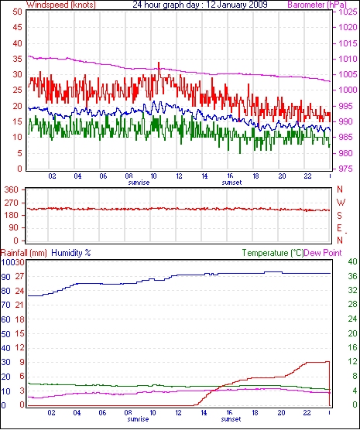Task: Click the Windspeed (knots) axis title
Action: (x=61, y=5)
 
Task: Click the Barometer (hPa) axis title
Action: (x=317, y=5)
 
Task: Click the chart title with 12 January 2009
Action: (x=200, y=5)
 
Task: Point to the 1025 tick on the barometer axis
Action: (x=348, y=12)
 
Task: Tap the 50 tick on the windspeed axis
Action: (x=17, y=12)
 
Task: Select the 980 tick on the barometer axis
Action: (x=348, y=153)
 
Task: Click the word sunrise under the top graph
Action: (x=139, y=183)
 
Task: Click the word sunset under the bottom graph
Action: (x=231, y=419)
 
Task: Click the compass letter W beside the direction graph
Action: (x=341, y=203)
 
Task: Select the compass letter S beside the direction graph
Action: (x=340, y=216)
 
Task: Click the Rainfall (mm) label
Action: (x=24, y=253)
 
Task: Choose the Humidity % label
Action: (x=71, y=253)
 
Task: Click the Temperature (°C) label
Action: (x=273, y=253)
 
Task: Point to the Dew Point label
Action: (x=323, y=253)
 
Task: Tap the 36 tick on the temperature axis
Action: (x=352, y=276)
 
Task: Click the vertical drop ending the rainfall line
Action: (x=329, y=384)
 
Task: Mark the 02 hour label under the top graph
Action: (x=52, y=176)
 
